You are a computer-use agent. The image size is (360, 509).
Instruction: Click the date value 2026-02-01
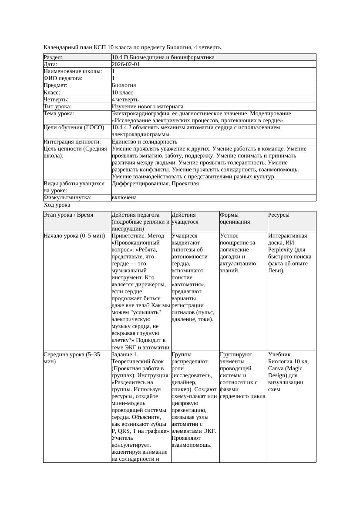pyautogui.click(x=126, y=64)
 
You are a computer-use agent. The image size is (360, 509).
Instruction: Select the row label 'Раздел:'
pyautogui.click(x=53, y=57)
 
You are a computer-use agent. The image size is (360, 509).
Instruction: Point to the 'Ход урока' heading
pyautogui.click(x=57, y=205)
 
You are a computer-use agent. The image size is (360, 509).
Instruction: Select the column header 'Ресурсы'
pyautogui.click(x=279, y=215)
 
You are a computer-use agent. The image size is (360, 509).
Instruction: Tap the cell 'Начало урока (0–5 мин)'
pyautogui.click(x=74, y=236)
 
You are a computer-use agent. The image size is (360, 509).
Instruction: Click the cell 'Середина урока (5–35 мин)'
pyautogui.click(x=72, y=358)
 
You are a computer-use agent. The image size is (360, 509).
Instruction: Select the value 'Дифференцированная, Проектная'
pyautogui.click(x=155, y=184)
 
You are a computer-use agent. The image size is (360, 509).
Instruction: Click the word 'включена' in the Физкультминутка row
pyautogui.click(x=124, y=198)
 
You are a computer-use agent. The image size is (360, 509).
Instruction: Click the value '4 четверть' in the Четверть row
pyautogui.click(x=125, y=100)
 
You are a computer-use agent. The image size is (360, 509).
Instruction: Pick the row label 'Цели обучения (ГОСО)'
pyautogui.click(x=74, y=128)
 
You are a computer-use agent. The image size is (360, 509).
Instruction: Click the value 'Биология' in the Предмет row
pyautogui.click(x=124, y=86)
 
